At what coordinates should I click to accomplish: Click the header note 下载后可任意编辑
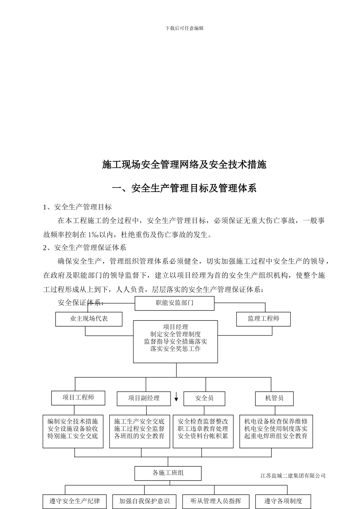point(185,28)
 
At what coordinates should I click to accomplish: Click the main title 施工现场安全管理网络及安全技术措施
point(185,164)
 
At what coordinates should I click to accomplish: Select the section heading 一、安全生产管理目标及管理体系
point(185,188)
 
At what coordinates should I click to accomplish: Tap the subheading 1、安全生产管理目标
point(78,207)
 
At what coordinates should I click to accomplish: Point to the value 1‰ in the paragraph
point(94,234)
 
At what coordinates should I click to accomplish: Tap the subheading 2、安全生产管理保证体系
point(85,248)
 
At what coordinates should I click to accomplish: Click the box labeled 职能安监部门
point(174,303)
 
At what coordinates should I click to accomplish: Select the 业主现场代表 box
point(89,319)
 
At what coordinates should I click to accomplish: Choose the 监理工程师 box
point(263,319)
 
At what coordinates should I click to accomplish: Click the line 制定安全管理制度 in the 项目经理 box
point(175,334)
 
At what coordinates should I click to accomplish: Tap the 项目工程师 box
point(78,398)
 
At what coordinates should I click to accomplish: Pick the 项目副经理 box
point(144,398)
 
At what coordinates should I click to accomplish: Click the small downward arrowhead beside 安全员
point(176,399)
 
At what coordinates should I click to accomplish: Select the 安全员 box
point(204,398)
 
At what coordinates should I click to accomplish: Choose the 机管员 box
point(274,398)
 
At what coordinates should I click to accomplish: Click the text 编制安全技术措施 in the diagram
point(73,421)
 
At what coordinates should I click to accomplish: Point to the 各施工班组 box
point(168,473)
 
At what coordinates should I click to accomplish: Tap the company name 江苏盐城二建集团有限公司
point(293,476)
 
